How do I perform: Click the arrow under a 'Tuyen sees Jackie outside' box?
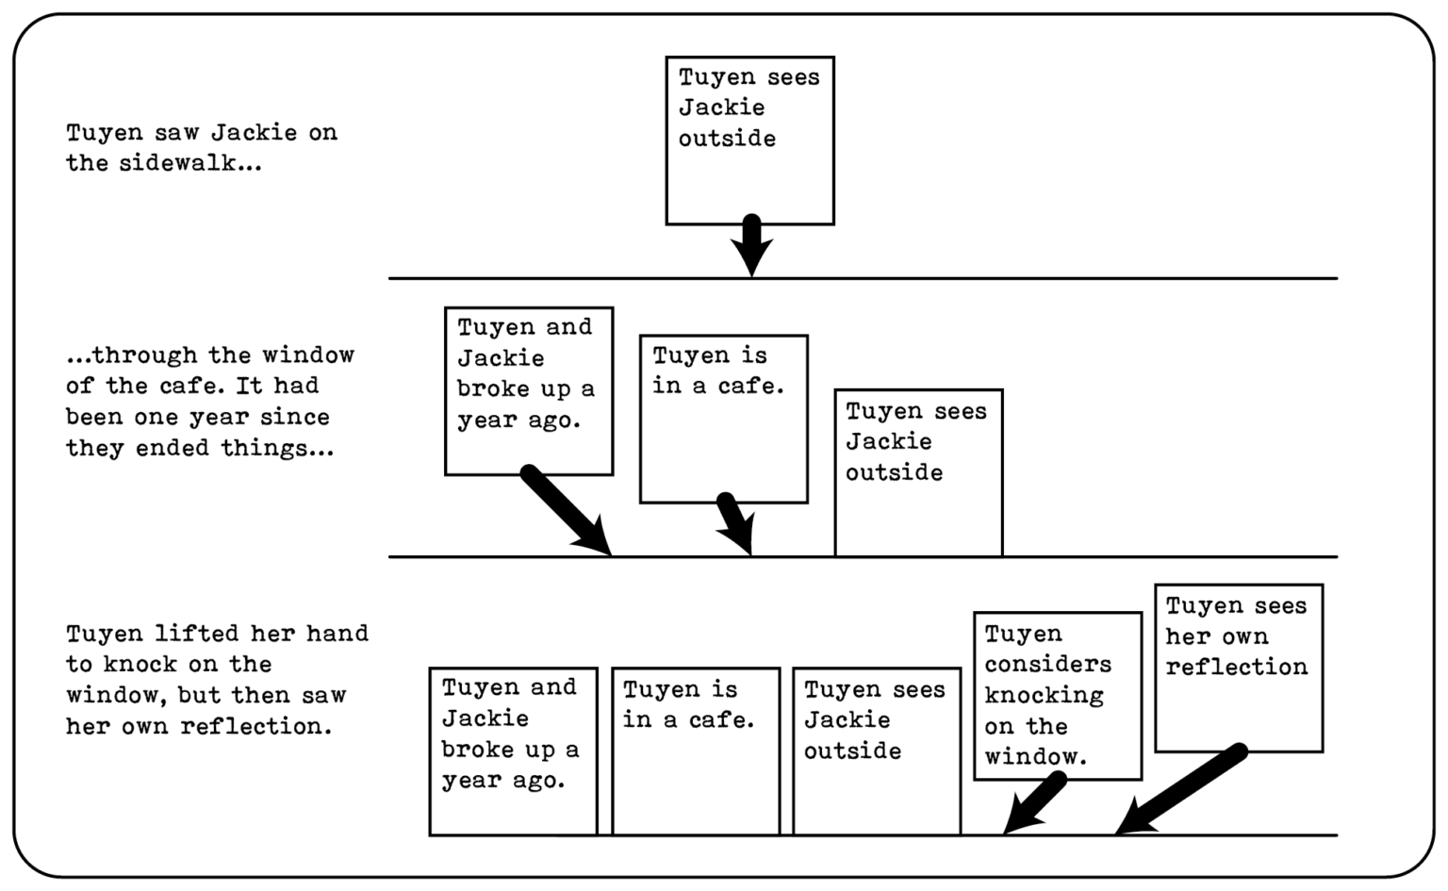pyautogui.click(x=751, y=244)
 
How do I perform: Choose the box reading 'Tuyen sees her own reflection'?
pyautogui.click(x=1238, y=668)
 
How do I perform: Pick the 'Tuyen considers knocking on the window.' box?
pyautogui.click(x=1057, y=696)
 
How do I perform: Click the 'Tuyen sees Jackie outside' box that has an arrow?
pyautogui.click(x=749, y=140)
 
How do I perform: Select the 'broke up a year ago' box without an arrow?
pyautogui.click(x=513, y=751)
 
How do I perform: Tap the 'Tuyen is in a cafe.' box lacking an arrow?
pyautogui.click(x=696, y=751)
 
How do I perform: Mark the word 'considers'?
pyautogui.click(x=1047, y=665)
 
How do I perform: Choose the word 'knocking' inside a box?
pyautogui.click(x=1044, y=696)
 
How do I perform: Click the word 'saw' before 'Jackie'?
pyautogui.click(x=176, y=133)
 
